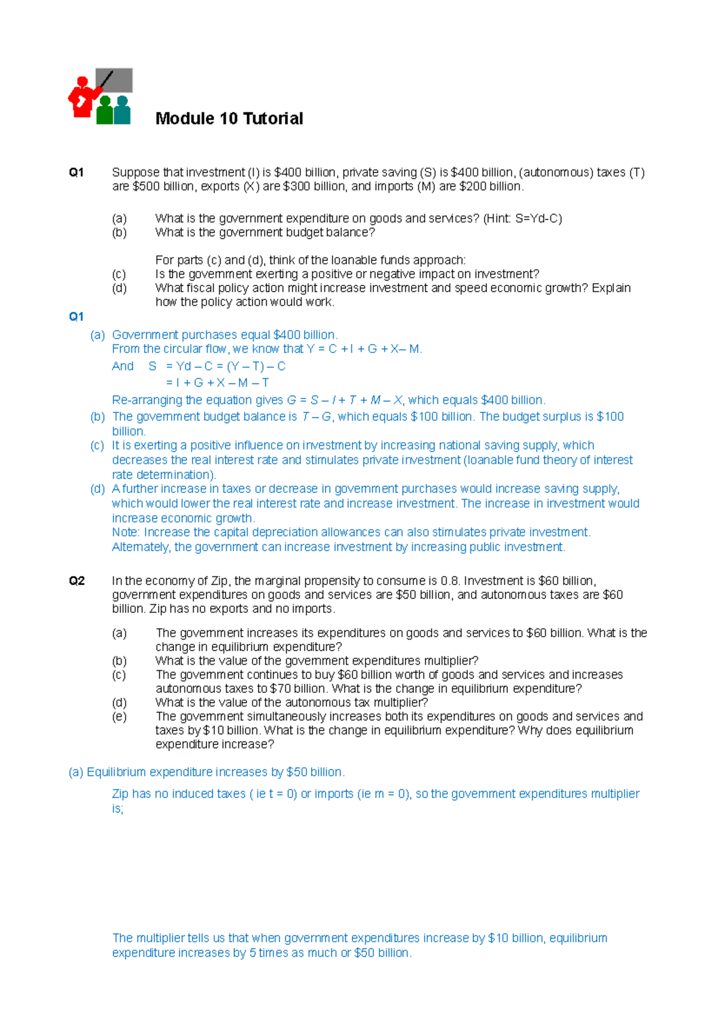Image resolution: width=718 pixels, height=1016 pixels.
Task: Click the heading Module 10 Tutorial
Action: [x=229, y=118]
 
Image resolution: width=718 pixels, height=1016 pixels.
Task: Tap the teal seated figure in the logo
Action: [x=123, y=111]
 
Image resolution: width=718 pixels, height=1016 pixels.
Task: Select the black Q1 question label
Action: [x=76, y=172]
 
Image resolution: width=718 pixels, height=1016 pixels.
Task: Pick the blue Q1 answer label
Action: [x=76, y=317]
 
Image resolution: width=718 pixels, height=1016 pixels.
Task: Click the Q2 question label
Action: [x=77, y=580]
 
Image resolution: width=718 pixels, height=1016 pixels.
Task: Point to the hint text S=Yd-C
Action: [x=538, y=218]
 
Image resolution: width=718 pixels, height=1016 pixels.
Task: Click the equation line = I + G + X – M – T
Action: [x=217, y=382]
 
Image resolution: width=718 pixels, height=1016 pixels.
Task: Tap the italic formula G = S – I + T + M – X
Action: [x=345, y=400]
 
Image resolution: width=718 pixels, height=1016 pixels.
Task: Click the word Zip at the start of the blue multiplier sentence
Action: [x=120, y=793]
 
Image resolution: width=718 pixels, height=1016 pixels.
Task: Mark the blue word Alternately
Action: [x=141, y=547]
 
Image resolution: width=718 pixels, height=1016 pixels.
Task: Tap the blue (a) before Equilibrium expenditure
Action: [x=76, y=772]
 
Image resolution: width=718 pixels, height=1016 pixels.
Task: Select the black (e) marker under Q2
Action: [x=119, y=716]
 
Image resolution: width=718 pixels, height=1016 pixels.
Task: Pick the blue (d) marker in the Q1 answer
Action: [x=98, y=489]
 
